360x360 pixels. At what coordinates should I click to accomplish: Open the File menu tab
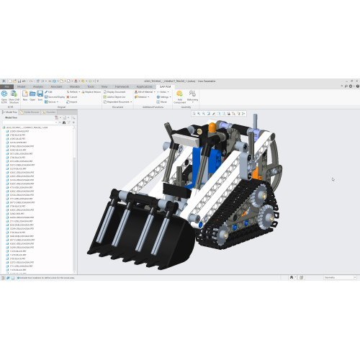click(x=6, y=86)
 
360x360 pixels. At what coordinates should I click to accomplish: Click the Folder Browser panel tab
click(x=32, y=112)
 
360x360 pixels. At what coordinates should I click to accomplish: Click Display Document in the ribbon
click(x=115, y=92)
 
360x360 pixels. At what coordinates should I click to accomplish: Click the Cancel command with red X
click(x=72, y=97)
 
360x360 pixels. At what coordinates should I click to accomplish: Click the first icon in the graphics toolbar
click(x=194, y=113)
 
